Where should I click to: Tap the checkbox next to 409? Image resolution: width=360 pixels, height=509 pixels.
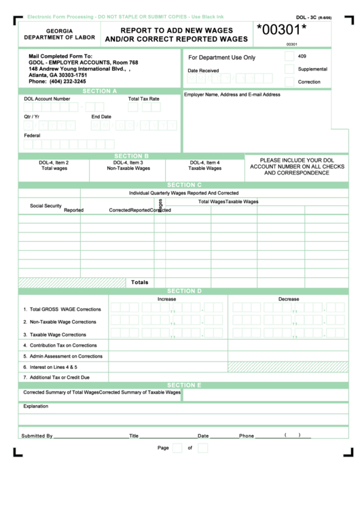[x=289, y=57]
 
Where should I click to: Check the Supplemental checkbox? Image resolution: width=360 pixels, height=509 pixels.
[x=289, y=69]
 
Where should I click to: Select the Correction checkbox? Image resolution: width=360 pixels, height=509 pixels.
[x=289, y=82]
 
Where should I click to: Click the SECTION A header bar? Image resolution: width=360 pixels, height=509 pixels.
[x=99, y=90]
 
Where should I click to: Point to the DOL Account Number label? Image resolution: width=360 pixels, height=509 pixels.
[x=47, y=99]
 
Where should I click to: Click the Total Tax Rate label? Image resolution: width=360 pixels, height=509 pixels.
[x=144, y=99]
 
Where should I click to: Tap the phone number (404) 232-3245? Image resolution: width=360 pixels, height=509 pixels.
[x=57, y=82]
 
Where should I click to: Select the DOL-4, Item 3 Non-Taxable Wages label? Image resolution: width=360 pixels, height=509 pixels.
[x=128, y=165]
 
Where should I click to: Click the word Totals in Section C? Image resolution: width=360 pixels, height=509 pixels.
[x=139, y=281]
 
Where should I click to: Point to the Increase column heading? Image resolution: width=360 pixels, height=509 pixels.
[x=166, y=299]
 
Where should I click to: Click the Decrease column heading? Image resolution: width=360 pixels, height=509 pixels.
[x=288, y=299]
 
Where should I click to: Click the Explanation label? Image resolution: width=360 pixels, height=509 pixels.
[x=36, y=406]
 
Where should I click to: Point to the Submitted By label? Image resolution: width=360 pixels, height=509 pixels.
[x=37, y=436]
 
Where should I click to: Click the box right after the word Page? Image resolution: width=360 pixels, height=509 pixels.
[x=177, y=448]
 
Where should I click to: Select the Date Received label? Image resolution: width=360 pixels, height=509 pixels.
[x=203, y=70]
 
